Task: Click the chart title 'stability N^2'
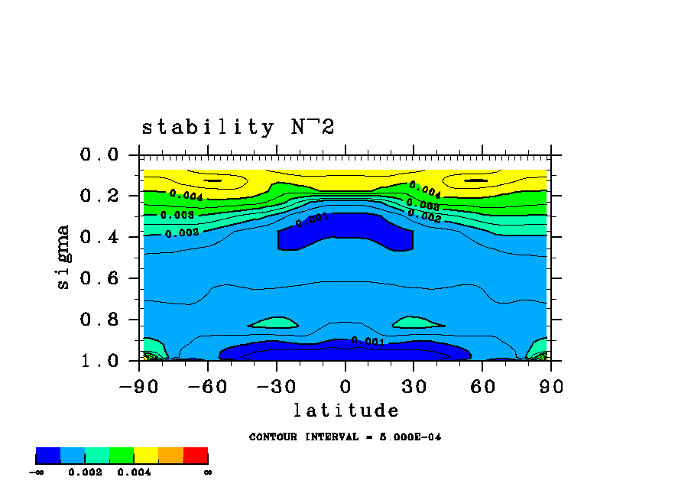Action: pyautogui.click(x=238, y=128)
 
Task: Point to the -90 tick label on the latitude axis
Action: pyautogui.click(x=138, y=387)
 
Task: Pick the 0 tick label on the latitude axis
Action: pyautogui.click(x=345, y=387)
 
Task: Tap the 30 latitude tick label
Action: pyautogui.click(x=414, y=387)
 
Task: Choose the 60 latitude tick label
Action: pyautogui.click(x=482, y=387)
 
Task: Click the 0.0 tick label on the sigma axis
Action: pyautogui.click(x=99, y=155)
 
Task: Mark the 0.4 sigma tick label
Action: pyautogui.click(x=99, y=238)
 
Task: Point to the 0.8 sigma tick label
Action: pyautogui.click(x=99, y=320)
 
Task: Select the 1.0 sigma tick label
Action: pyautogui.click(x=99, y=361)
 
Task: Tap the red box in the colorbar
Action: pyautogui.click(x=196, y=456)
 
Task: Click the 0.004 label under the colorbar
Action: pyautogui.click(x=134, y=472)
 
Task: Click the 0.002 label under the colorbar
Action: pyautogui.click(x=85, y=472)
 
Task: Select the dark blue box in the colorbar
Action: pyautogui.click(x=48, y=456)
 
